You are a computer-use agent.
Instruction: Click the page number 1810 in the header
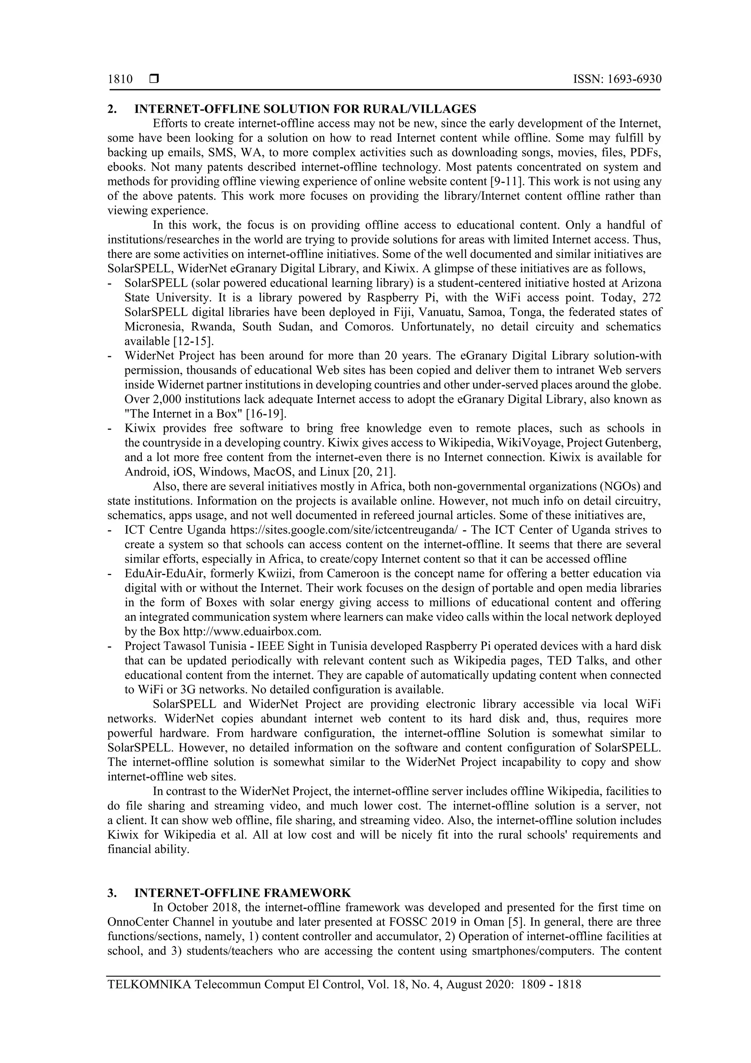pyautogui.click(x=120, y=79)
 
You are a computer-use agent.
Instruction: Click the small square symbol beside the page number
pyautogui.click(x=154, y=79)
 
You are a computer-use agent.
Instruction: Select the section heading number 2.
pyautogui.click(x=111, y=109)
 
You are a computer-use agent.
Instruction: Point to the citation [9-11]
pyautogui.click(x=507, y=182)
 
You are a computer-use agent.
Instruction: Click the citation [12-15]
pyautogui.click(x=193, y=341)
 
